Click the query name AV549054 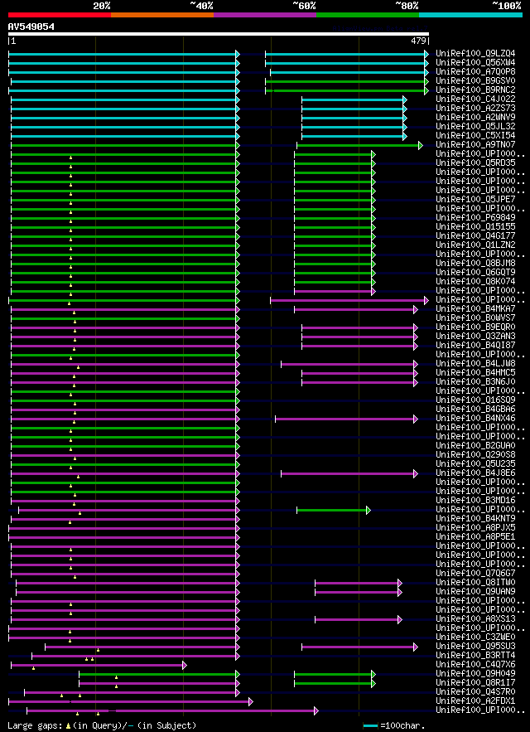click(31, 27)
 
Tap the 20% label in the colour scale click(102, 5)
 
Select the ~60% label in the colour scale click(304, 5)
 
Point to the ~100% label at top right click(506, 5)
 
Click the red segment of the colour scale click(59, 14)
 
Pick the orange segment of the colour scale click(161, 14)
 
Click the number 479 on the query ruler click(418, 41)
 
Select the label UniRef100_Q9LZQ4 click(475, 53)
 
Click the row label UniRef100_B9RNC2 click(475, 90)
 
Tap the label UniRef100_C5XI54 click(475, 135)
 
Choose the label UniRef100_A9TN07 click(475, 144)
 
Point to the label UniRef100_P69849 click(475, 217)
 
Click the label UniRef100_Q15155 click(475, 226)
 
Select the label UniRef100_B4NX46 click(475, 418)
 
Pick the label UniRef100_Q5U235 click(475, 463)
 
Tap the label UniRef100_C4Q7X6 click(475, 664)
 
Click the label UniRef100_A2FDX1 click(475, 700)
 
